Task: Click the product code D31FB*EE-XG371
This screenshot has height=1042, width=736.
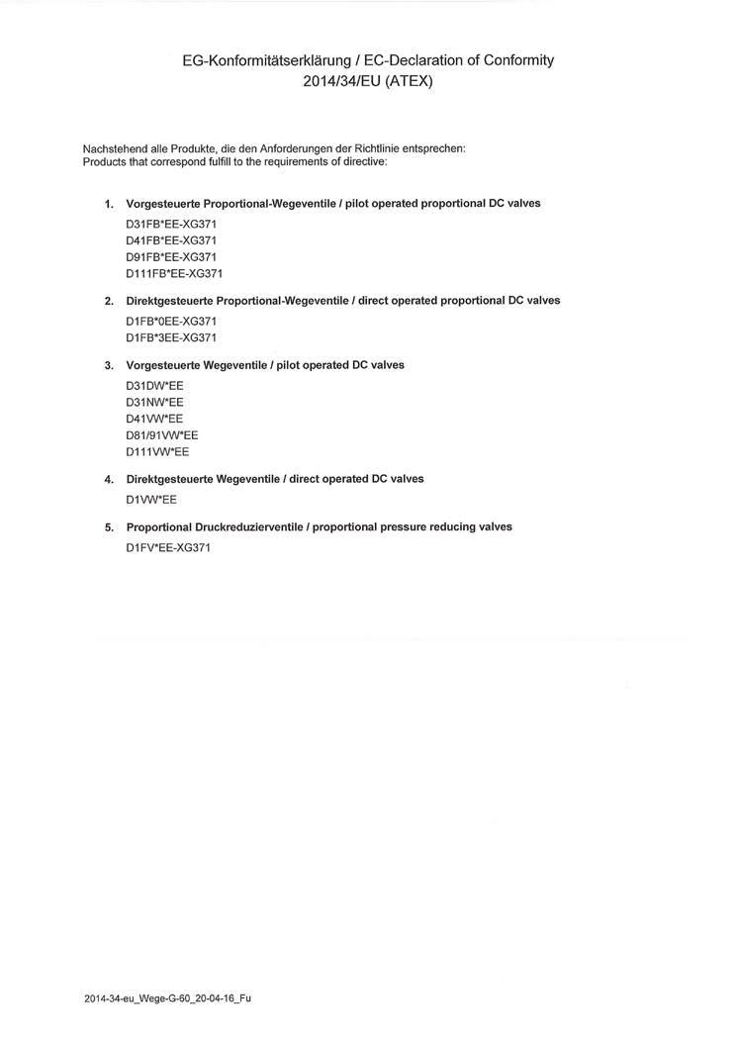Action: (171, 224)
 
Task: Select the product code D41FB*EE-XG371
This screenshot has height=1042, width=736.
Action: (171, 240)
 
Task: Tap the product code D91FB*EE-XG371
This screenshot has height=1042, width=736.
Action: (171, 257)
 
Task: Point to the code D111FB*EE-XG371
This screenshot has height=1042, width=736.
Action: (174, 274)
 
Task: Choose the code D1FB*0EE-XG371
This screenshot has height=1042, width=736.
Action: (171, 321)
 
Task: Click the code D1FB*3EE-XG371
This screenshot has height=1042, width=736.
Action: (171, 337)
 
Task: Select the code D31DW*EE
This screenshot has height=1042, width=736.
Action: (154, 385)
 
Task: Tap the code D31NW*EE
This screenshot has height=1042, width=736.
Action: (154, 402)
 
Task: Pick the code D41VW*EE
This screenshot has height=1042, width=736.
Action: (154, 419)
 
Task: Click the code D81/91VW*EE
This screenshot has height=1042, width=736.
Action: (162, 435)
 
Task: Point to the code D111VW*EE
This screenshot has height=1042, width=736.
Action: (157, 452)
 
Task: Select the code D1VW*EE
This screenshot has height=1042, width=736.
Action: (151, 500)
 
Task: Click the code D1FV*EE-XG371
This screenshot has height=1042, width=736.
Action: (168, 547)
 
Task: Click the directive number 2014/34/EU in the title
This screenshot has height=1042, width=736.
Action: (338, 81)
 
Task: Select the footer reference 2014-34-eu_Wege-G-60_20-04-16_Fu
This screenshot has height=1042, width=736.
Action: (167, 998)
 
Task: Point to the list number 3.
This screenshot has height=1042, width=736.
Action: (109, 366)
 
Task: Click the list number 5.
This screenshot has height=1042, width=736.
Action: (109, 527)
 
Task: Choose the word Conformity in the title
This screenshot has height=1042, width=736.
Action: (511, 60)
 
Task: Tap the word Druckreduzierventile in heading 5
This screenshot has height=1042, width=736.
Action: (249, 527)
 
